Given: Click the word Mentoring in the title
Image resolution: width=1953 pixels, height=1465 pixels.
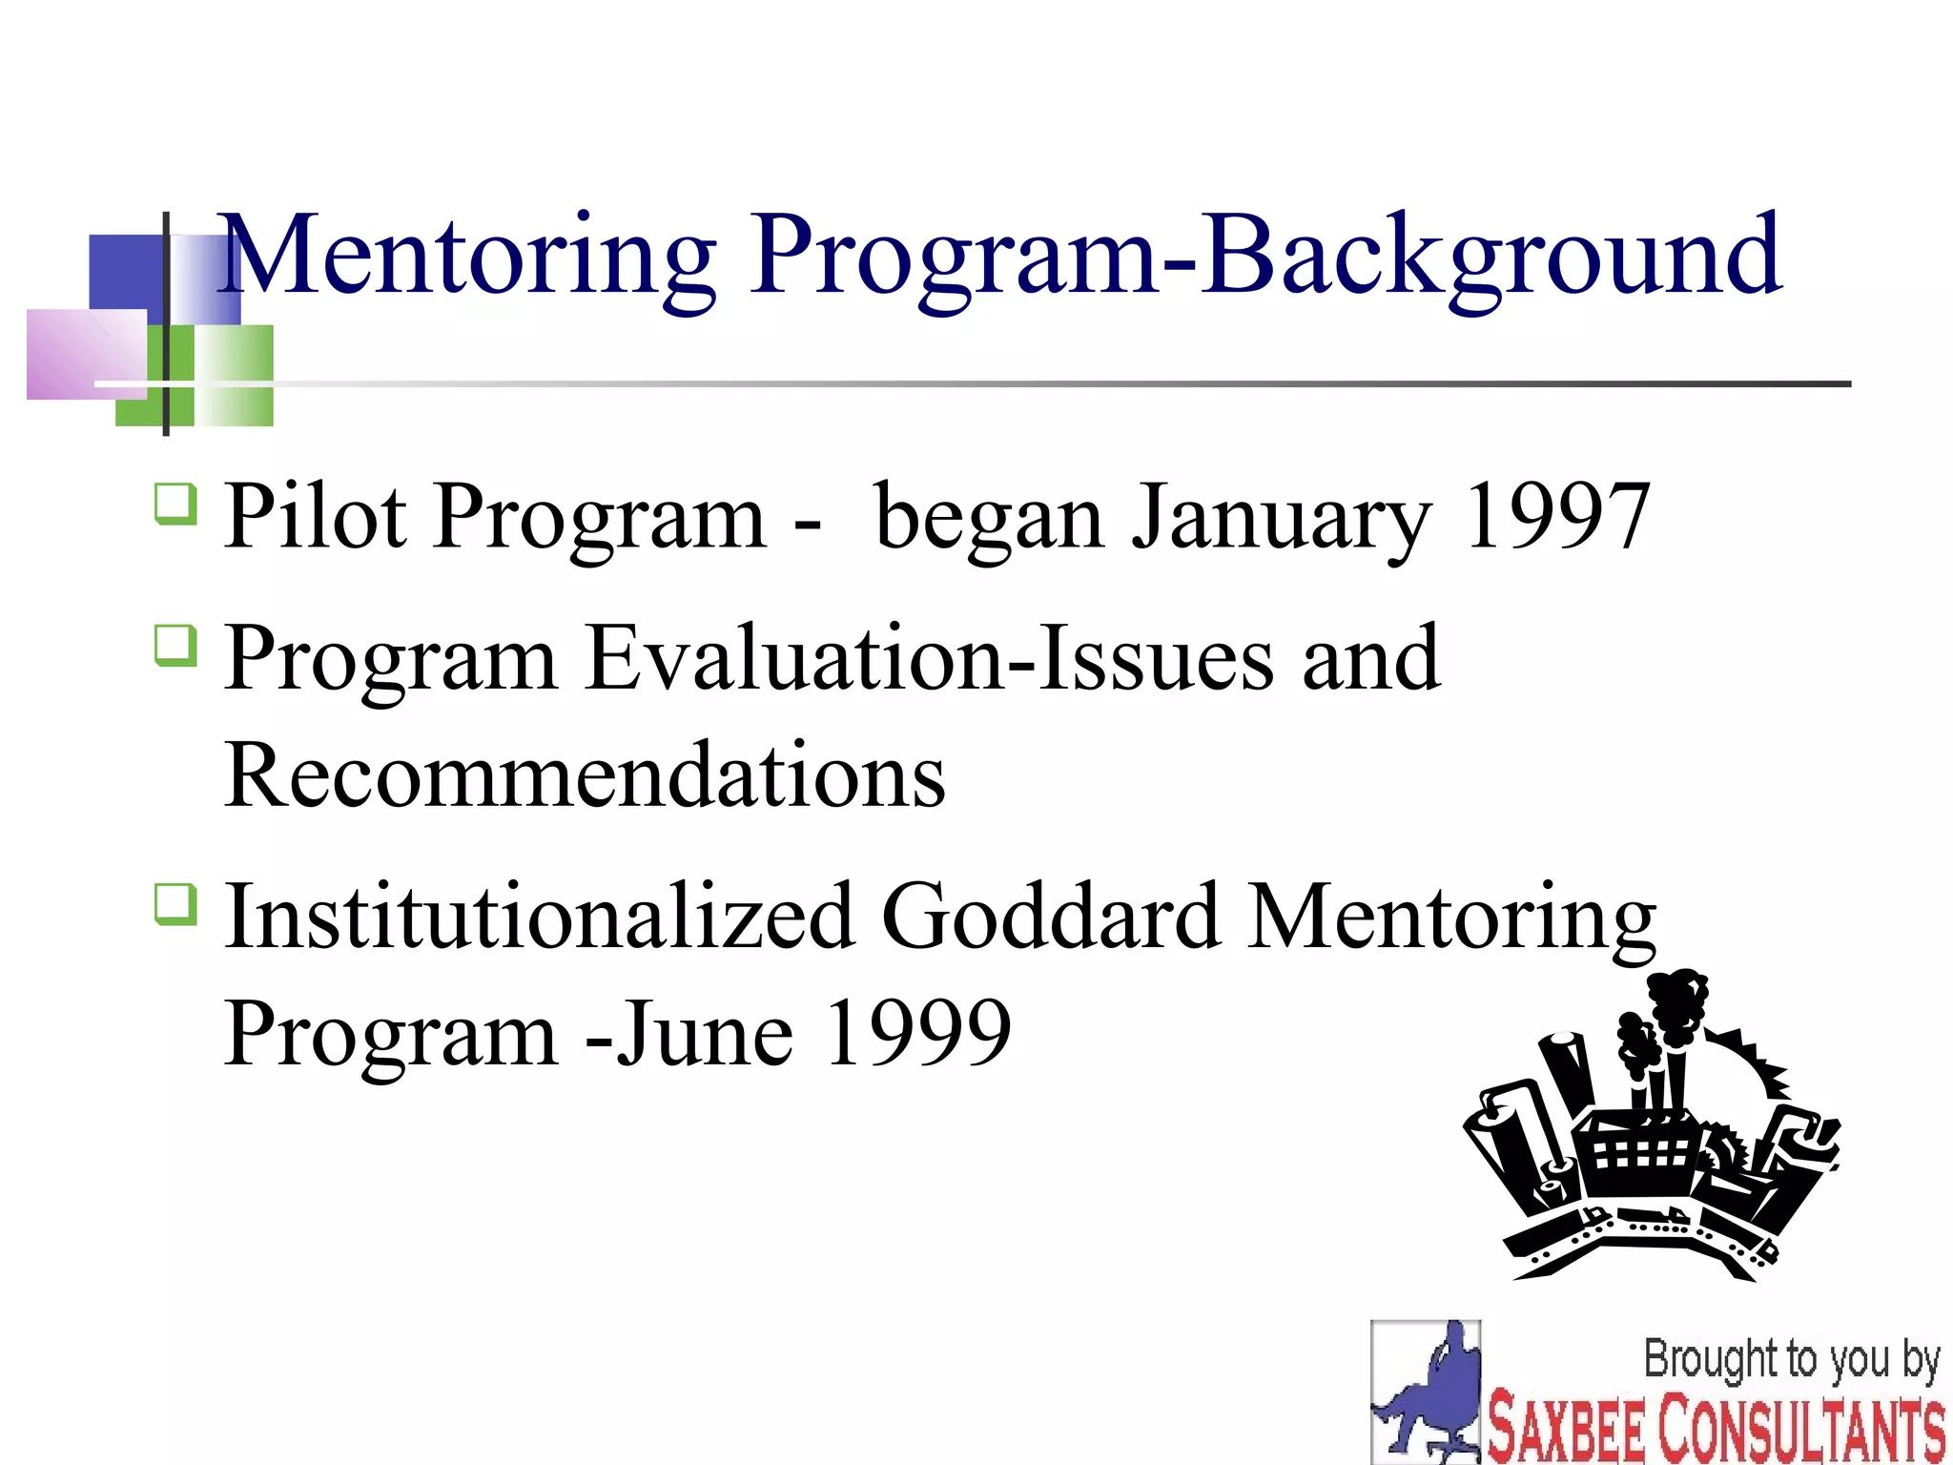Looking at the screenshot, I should click(x=467, y=256).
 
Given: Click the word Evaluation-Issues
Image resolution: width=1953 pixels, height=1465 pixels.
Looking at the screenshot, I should click(x=929, y=657).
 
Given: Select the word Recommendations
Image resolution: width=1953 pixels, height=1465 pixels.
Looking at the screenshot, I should click(x=585, y=774).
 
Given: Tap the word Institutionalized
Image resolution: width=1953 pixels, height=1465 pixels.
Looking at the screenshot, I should click(x=539, y=917).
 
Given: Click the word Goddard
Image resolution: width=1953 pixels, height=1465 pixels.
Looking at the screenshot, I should click(x=1050, y=917).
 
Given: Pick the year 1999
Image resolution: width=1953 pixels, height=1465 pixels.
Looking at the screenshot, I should click(x=916, y=1033).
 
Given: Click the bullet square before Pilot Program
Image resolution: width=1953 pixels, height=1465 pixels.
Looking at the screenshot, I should click(x=176, y=504).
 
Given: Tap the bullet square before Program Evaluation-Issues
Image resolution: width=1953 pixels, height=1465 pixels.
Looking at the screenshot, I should click(x=176, y=646).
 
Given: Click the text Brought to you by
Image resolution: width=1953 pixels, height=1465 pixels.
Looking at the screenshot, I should click(x=1792, y=1359).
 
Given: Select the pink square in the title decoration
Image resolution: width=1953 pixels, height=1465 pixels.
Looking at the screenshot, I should click(x=86, y=354).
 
